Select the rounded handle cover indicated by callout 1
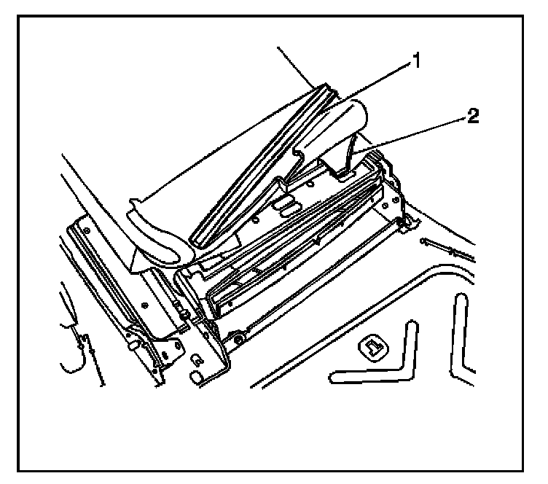pos(332,131)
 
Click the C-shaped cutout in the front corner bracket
pos(197,359)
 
